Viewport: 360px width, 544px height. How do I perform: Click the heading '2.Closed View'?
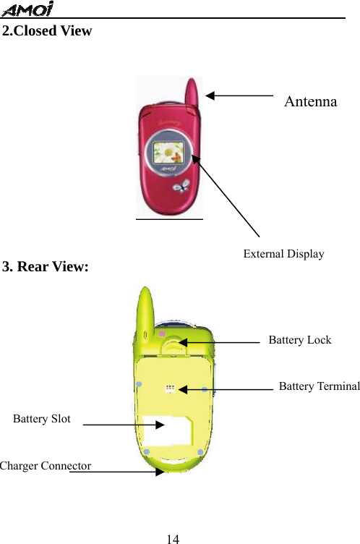click(x=47, y=31)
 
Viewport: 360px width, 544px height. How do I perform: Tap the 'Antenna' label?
click(x=310, y=101)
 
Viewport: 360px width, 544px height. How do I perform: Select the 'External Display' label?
click(x=283, y=253)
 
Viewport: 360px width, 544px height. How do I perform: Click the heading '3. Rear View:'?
click(x=46, y=267)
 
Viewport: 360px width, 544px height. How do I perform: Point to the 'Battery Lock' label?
click(x=299, y=340)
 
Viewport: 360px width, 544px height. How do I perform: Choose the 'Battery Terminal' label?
click(x=319, y=386)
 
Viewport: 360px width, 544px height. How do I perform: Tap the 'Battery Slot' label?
click(x=42, y=419)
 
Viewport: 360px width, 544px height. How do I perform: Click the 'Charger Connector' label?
click(x=46, y=466)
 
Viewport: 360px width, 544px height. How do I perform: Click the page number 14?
click(x=172, y=539)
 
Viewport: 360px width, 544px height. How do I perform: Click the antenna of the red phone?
click(x=194, y=90)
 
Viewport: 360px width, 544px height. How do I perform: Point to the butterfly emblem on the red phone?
click(x=179, y=187)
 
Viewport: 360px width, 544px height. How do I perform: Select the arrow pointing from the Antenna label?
click(x=239, y=95)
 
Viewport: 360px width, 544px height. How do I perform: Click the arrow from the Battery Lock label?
click(x=220, y=342)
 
